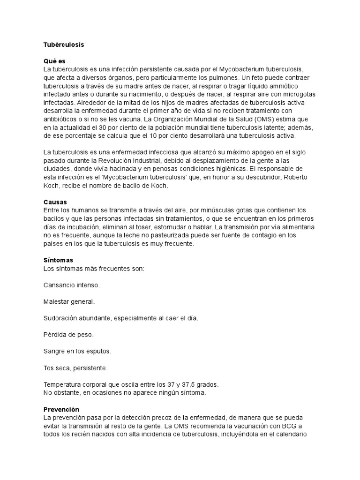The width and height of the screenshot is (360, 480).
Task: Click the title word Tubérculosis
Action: [x=64, y=45]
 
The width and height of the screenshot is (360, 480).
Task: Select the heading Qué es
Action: [x=54, y=61]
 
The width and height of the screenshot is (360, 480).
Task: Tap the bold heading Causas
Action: [x=55, y=202]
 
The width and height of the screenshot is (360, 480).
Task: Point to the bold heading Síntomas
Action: [x=58, y=260]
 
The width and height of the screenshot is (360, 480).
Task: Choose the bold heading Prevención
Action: [x=61, y=410]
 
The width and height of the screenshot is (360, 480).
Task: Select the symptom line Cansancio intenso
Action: [x=72, y=285]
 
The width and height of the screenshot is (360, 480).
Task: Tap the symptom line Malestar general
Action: [x=69, y=301]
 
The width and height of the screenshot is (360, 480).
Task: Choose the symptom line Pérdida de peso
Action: [x=68, y=335]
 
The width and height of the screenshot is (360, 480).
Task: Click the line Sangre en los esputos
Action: [x=77, y=351]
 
